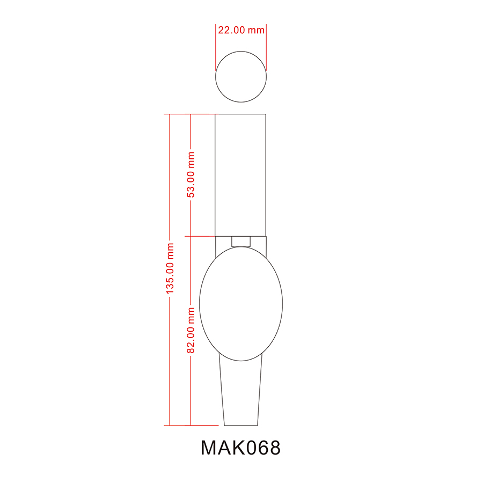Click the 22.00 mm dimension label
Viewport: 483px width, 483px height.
[x=241, y=30]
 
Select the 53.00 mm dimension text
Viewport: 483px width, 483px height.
[x=191, y=174]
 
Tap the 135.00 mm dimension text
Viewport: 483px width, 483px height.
[x=170, y=269]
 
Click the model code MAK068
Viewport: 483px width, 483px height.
[x=240, y=448]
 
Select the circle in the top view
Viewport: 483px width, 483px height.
[x=241, y=76]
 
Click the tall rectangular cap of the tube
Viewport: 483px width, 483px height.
[x=241, y=174]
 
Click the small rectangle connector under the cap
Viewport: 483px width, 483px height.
[x=241, y=241]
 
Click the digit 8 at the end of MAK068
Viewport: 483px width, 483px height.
[x=274, y=448]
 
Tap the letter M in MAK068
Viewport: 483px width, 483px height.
[x=209, y=448]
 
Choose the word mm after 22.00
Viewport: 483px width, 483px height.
[x=256, y=30]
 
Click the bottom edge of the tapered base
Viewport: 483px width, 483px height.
[x=241, y=425]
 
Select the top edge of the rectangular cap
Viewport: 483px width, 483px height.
[x=241, y=114]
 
